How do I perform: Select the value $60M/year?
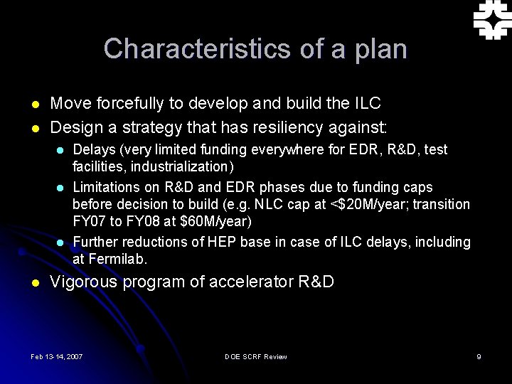[x=216, y=222]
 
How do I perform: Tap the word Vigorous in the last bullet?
[x=83, y=282]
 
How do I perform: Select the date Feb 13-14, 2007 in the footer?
[x=57, y=356]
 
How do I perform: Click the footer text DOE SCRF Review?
[x=255, y=356]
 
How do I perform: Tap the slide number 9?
[x=479, y=356]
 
